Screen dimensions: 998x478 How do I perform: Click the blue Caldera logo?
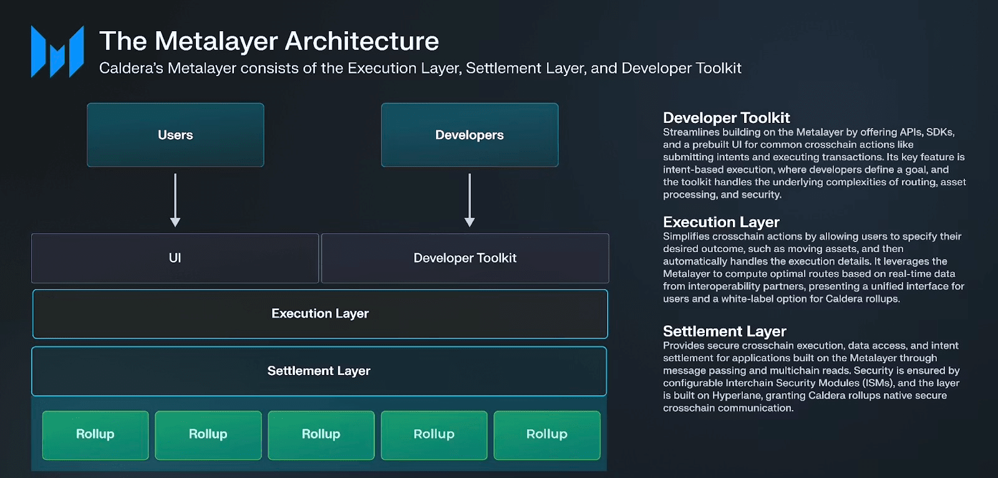click(x=57, y=52)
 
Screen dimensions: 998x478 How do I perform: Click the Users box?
click(x=175, y=135)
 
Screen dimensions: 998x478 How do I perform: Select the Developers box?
click(x=470, y=135)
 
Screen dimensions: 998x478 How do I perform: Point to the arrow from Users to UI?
click(x=175, y=200)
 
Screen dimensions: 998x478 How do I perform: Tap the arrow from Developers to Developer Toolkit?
click(x=470, y=200)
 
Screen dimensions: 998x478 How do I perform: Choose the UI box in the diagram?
click(x=175, y=258)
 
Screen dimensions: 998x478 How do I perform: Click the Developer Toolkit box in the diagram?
click(x=465, y=258)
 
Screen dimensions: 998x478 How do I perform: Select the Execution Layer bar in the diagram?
click(x=320, y=314)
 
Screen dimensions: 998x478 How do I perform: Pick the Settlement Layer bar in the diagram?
click(x=319, y=371)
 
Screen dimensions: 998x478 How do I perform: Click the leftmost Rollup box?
click(x=95, y=435)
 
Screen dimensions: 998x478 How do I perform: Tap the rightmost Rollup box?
click(x=547, y=435)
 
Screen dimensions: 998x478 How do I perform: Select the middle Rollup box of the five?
click(x=321, y=435)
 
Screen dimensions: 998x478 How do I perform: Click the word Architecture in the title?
click(x=362, y=41)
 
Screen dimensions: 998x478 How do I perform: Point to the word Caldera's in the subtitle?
click(x=132, y=68)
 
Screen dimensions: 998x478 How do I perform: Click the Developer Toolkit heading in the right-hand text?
click(x=726, y=118)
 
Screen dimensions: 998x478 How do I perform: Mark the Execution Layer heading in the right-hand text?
click(x=721, y=222)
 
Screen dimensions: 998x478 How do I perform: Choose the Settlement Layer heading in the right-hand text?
click(x=724, y=331)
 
